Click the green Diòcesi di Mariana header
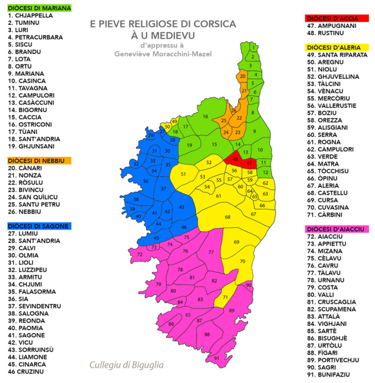[39, 8]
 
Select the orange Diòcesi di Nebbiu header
[39, 160]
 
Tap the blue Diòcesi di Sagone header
[39, 226]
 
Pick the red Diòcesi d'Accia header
[337, 18]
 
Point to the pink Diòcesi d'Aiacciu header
[337, 228]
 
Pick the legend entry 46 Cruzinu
[29, 371]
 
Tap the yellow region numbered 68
[227, 217]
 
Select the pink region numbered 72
[140, 255]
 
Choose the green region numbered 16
[205, 117]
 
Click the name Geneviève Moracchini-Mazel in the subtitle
[162, 54]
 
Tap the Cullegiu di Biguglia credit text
[126, 365]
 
